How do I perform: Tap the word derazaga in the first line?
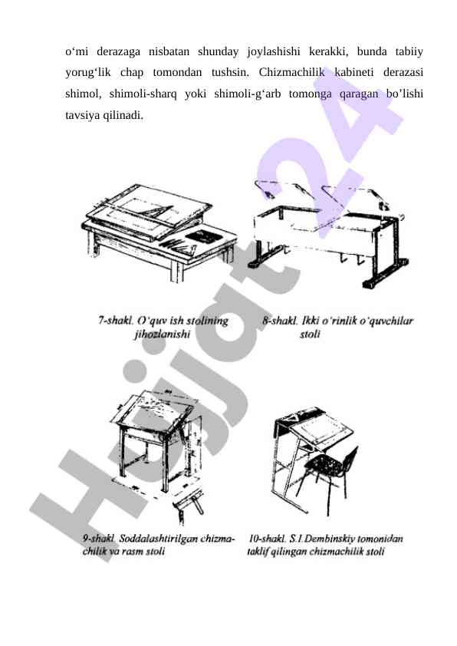118,51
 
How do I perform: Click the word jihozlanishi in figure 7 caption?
163,334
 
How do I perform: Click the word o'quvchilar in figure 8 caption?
386,320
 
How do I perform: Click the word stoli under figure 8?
311,334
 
